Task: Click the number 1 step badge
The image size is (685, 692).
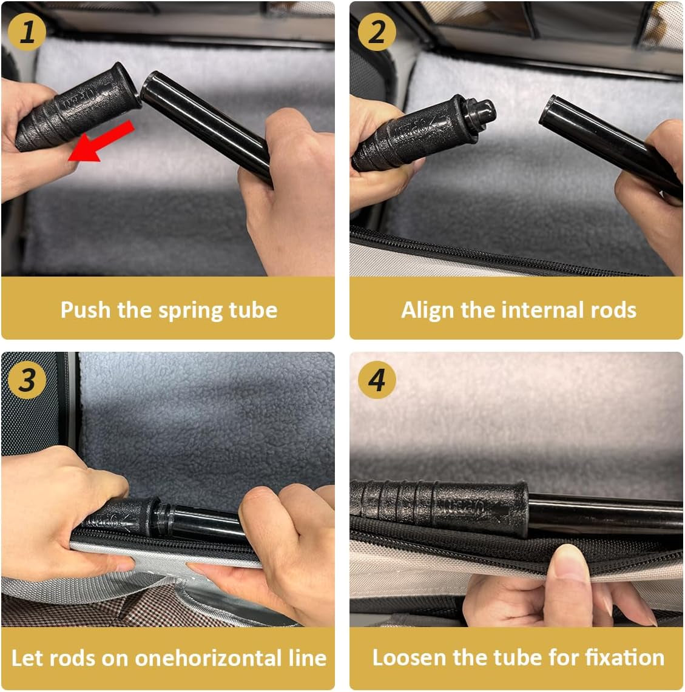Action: [27, 32]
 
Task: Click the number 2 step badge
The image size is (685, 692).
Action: [377, 32]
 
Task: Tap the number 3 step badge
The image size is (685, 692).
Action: [27, 380]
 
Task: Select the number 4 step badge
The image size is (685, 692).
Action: [377, 380]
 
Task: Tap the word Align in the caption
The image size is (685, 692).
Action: [428, 311]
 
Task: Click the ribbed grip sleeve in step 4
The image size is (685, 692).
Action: [440, 508]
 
